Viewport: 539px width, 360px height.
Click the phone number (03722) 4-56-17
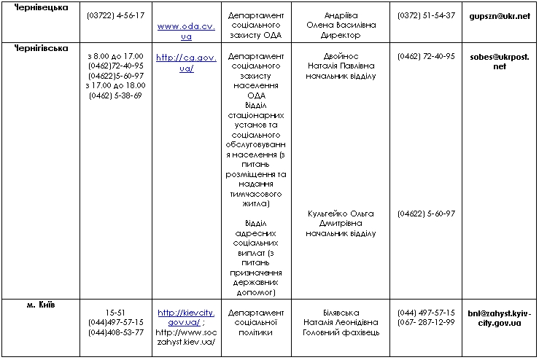click(115, 15)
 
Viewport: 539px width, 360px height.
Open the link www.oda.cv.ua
click(185, 31)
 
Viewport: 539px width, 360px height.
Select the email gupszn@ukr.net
click(500, 15)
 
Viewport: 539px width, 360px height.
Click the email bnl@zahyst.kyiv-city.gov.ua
click(500, 318)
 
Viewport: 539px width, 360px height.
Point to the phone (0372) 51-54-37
click(427, 15)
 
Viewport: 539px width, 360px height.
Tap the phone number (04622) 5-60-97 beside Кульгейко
click(427, 214)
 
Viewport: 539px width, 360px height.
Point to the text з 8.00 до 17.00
click(115, 56)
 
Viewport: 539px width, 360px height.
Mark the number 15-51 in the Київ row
click(115, 312)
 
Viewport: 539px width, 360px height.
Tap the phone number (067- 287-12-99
click(427, 322)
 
